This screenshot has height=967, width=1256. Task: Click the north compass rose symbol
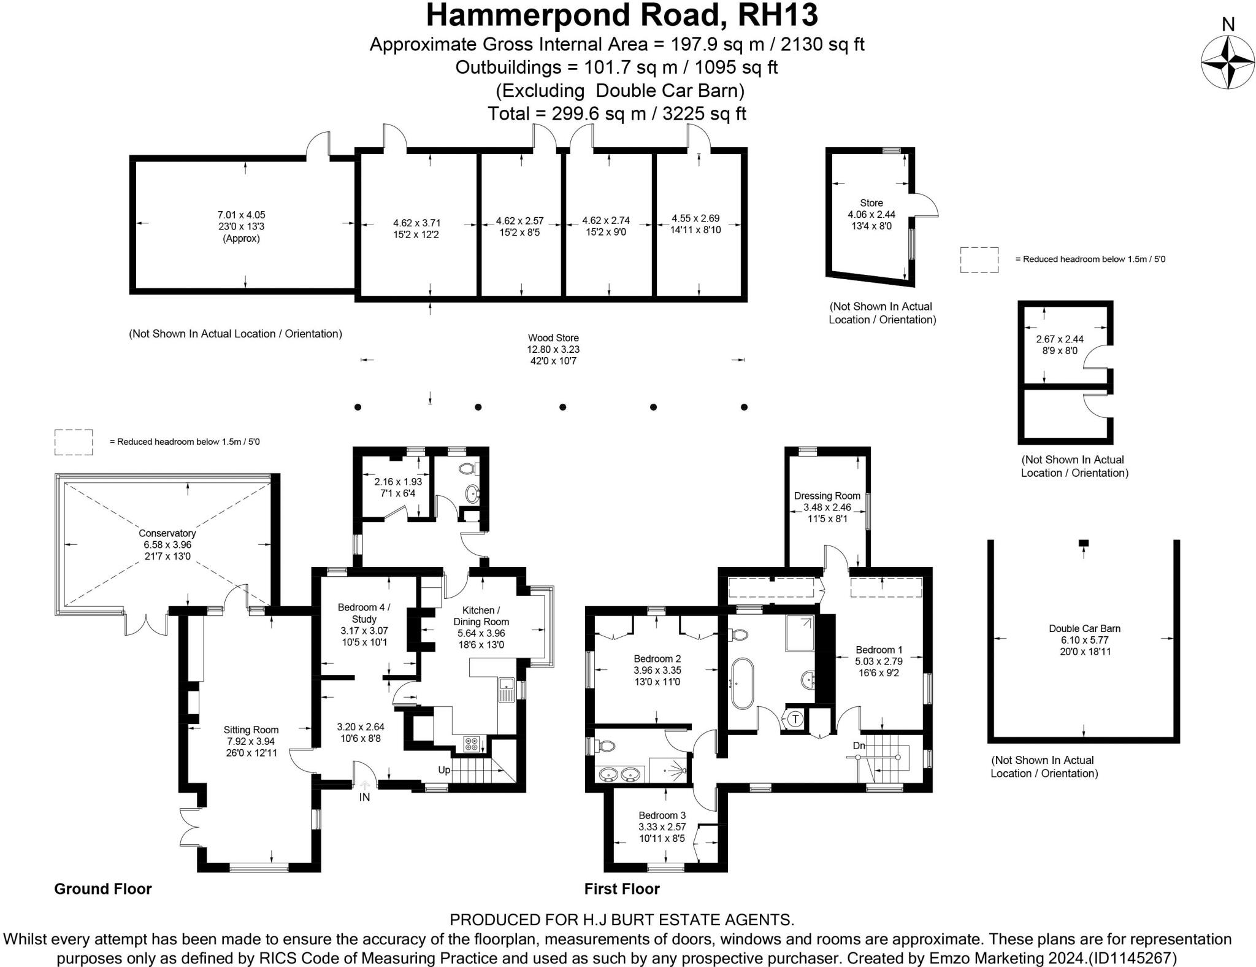(x=1227, y=63)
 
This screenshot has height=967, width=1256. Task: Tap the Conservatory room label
(x=167, y=533)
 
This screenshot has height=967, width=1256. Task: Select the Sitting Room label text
(x=251, y=730)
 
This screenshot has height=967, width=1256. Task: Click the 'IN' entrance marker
(x=364, y=797)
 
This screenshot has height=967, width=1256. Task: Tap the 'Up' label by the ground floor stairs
(x=444, y=769)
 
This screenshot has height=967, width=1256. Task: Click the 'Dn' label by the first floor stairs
(x=859, y=745)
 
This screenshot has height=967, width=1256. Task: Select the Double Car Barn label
(x=1084, y=628)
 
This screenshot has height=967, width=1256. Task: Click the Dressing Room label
(x=827, y=496)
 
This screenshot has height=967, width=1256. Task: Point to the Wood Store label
(x=553, y=337)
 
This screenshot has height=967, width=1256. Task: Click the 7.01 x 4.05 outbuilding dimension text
(x=241, y=215)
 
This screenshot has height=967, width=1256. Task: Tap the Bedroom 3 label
(x=662, y=815)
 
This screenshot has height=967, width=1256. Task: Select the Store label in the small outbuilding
(x=871, y=203)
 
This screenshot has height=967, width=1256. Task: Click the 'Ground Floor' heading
(x=102, y=888)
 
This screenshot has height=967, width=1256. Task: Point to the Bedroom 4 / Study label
(x=364, y=613)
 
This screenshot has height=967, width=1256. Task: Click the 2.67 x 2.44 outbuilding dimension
(x=1059, y=339)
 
